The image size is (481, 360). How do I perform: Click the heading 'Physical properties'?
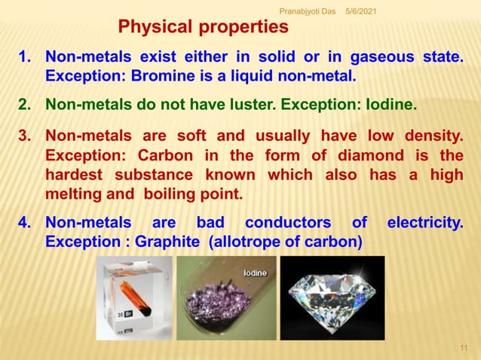pos(203,28)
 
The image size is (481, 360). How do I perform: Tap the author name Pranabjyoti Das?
pos(308,9)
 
